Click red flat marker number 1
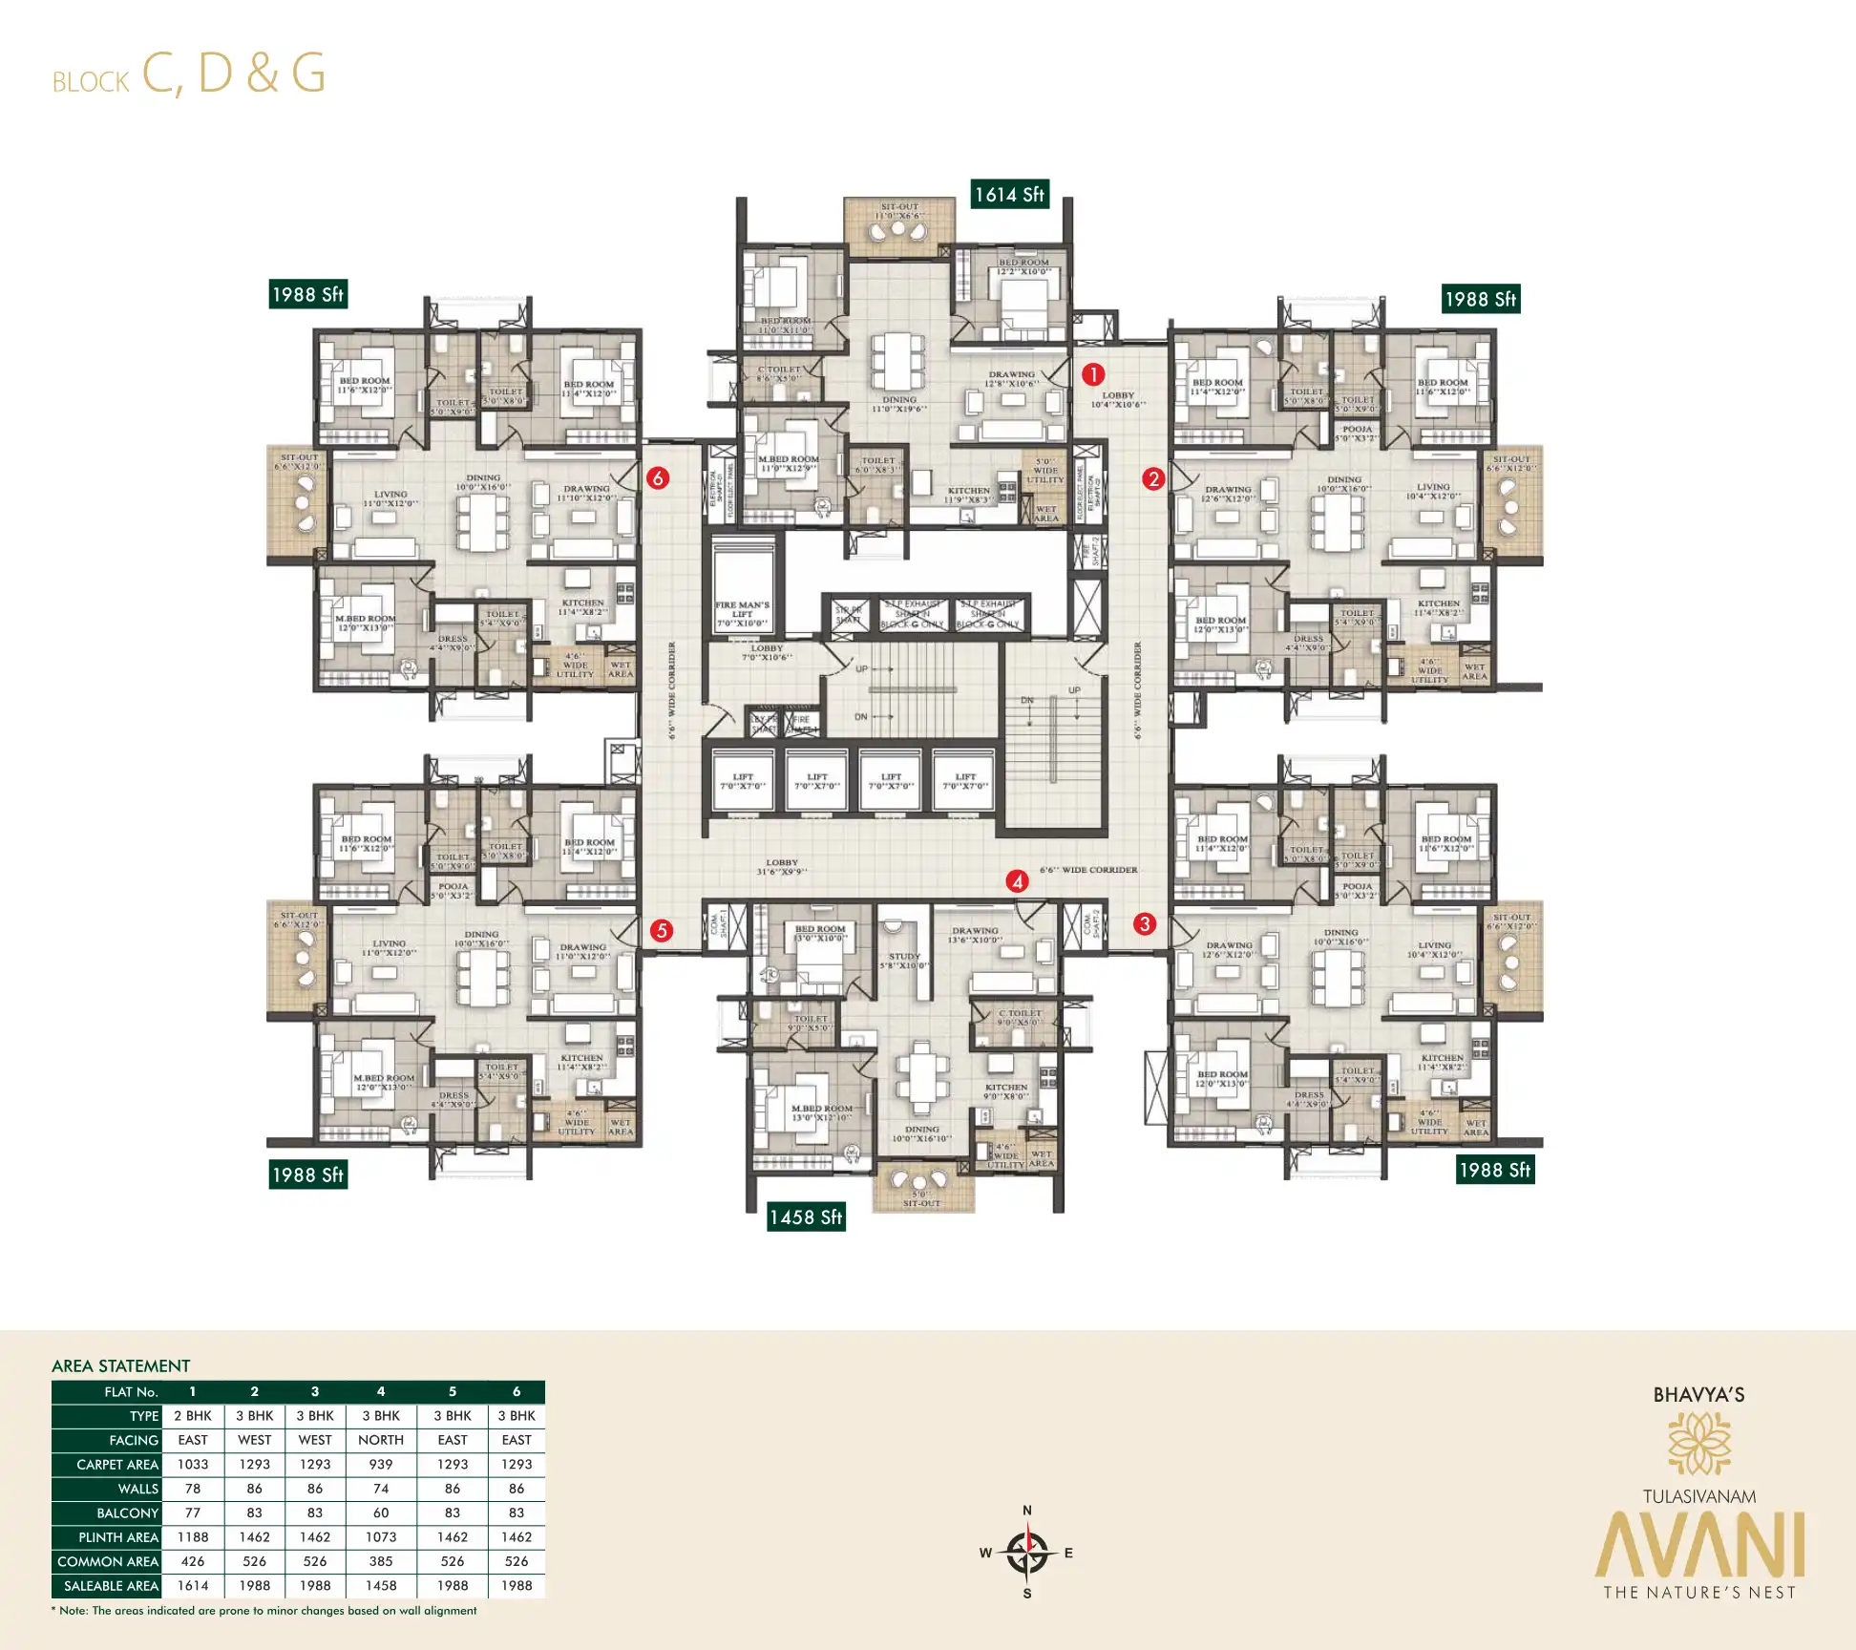(x=1092, y=374)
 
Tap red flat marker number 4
(x=1017, y=880)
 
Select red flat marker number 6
(x=657, y=477)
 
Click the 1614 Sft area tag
(x=1009, y=195)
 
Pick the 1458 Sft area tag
(x=806, y=1216)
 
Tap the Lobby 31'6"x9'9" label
(x=781, y=866)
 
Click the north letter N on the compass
(x=1027, y=1510)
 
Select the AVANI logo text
(x=1698, y=1544)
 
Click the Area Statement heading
(x=120, y=1365)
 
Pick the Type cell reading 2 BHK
(x=193, y=1415)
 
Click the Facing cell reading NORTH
(x=381, y=1440)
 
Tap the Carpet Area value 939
(x=381, y=1464)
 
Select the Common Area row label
(x=107, y=1561)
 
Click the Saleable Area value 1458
(x=381, y=1585)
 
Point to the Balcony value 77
(x=193, y=1512)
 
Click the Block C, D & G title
(x=189, y=74)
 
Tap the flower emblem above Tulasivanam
(x=1698, y=1444)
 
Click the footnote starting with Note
(x=264, y=1610)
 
